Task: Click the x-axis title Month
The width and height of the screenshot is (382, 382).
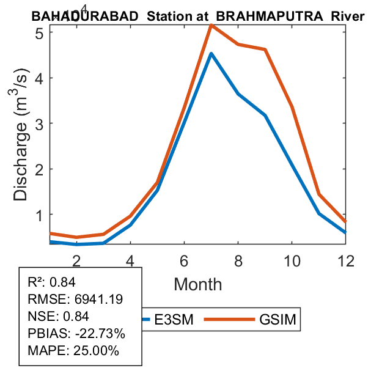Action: pyautogui.click(x=198, y=284)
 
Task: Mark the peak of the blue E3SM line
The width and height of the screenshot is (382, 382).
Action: pyautogui.click(x=211, y=54)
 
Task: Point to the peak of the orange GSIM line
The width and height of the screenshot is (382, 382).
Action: pyautogui.click(x=211, y=25)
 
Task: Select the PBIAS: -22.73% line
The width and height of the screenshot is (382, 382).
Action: pyautogui.click(x=76, y=334)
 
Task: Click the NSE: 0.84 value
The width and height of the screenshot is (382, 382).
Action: pyautogui.click(x=59, y=316)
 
